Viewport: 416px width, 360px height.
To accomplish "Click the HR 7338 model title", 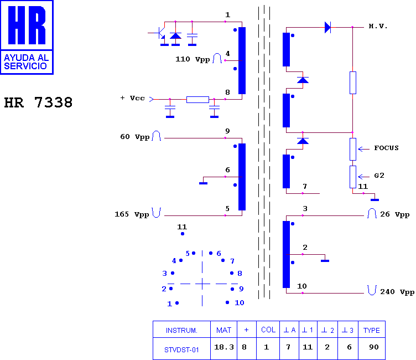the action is point(38,102).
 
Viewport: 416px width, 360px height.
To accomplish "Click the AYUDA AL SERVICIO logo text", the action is point(26,61).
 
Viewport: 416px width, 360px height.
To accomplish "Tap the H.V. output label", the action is point(378,26).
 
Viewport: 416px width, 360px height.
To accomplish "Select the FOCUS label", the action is point(386,148).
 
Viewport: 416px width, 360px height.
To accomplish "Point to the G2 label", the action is point(379,176).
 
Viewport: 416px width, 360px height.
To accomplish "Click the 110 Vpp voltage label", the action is point(193,59).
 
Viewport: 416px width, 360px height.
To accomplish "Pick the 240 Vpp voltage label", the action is point(397,292).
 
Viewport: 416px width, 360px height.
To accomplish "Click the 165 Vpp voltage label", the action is point(132,214).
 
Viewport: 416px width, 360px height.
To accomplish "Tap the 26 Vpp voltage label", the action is point(395,214).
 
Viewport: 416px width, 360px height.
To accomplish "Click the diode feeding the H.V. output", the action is point(328,27).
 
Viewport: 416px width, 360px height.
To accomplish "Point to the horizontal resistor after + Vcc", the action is point(197,100).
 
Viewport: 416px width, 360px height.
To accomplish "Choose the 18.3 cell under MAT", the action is point(224,347).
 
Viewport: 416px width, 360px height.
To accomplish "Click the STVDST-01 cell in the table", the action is point(181,350).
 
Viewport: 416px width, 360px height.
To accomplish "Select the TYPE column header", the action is point(371,330).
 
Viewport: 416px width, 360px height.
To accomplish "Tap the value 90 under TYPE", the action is point(373,347).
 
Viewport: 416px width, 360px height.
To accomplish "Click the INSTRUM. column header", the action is point(181,331).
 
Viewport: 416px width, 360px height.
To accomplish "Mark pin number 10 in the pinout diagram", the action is point(240,302).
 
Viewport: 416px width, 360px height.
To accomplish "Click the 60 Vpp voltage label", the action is point(135,137).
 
